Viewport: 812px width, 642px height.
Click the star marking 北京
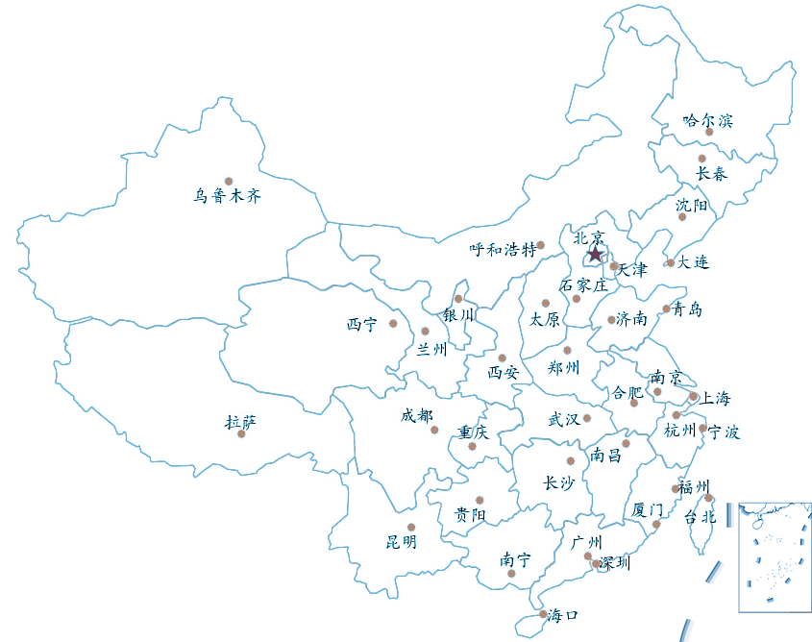595,254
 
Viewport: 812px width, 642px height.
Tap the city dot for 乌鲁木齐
229,181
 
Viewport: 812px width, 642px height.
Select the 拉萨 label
240,421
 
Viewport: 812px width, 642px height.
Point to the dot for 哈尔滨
709,133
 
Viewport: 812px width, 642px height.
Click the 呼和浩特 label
503,250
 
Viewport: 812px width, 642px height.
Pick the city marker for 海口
543,614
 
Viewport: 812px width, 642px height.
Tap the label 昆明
402,542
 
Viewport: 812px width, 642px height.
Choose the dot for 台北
709,498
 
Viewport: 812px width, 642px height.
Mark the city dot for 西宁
393,323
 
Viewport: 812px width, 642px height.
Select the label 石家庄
584,285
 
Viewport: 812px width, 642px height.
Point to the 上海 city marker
693,396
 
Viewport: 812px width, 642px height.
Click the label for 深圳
615,563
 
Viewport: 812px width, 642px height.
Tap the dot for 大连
670,262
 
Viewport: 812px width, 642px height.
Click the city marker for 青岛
666,309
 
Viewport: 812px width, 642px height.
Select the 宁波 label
724,432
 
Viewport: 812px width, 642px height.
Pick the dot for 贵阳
480,500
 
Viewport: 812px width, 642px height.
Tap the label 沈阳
691,205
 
